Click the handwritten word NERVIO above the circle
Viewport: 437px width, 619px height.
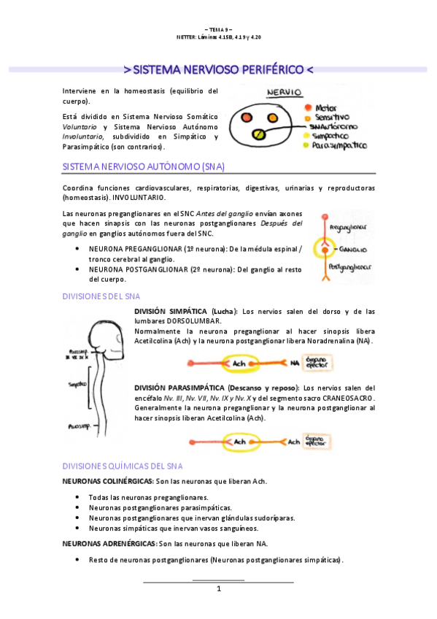click(x=285, y=93)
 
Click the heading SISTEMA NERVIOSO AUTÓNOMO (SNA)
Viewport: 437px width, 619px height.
click(x=132, y=166)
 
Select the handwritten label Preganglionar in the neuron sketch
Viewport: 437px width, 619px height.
click(x=352, y=227)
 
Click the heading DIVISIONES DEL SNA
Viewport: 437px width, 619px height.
click(x=101, y=296)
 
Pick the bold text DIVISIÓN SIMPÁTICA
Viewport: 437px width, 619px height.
click(x=169, y=311)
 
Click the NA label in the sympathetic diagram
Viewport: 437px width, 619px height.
click(x=294, y=362)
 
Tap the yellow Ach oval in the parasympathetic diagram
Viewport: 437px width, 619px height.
click(x=238, y=442)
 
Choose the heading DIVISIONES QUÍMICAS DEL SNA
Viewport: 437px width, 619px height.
click(x=122, y=466)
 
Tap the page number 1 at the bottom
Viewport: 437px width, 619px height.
click(x=218, y=588)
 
